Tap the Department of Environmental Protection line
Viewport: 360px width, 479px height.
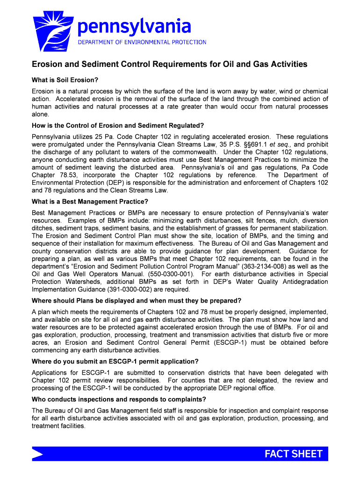tap(142, 42)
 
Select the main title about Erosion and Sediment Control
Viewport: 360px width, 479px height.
tap(169, 64)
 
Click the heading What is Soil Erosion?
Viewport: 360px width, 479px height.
tap(65, 80)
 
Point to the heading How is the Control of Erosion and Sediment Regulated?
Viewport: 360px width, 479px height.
tap(118, 125)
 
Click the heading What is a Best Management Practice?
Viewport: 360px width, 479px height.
tap(90, 202)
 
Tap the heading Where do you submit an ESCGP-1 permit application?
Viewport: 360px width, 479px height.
tap(115, 361)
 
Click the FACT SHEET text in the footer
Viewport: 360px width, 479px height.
tap(293, 454)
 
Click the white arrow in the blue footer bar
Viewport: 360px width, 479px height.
tap(37, 454)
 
